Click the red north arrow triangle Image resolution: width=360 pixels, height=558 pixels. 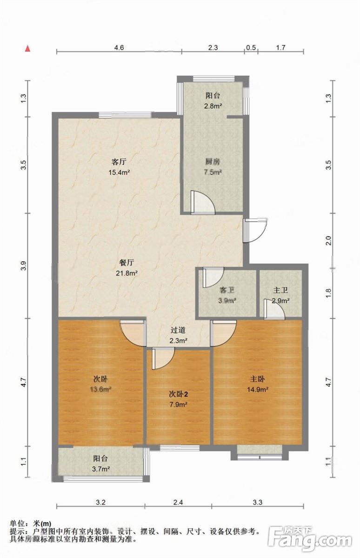[x=28, y=48]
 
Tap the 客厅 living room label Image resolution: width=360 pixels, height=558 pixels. [x=119, y=162]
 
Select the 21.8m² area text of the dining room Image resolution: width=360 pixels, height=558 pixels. [x=127, y=273]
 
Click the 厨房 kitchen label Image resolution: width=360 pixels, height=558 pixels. [x=213, y=162]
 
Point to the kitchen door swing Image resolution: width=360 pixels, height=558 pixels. [x=202, y=203]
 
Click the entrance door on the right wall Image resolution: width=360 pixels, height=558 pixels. [x=255, y=231]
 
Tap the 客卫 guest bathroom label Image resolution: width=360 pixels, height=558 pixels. [x=227, y=290]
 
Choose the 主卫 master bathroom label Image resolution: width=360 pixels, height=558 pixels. [x=280, y=290]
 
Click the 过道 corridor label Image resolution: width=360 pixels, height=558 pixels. [x=178, y=330]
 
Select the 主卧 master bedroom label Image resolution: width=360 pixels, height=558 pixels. [x=258, y=379]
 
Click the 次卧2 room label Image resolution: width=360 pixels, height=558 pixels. [x=179, y=394]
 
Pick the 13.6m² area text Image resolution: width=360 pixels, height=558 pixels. [x=100, y=389]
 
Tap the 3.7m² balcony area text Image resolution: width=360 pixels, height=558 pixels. [x=101, y=469]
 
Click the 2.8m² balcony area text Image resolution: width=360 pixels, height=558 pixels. [x=213, y=106]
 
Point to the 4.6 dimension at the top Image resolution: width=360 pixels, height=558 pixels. [x=119, y=47]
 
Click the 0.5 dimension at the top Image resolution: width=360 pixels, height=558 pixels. [x=251, y=47]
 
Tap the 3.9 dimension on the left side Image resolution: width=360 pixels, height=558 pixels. [x=24, y=266]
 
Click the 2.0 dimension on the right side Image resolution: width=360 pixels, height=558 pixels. [x=329, y=240]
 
